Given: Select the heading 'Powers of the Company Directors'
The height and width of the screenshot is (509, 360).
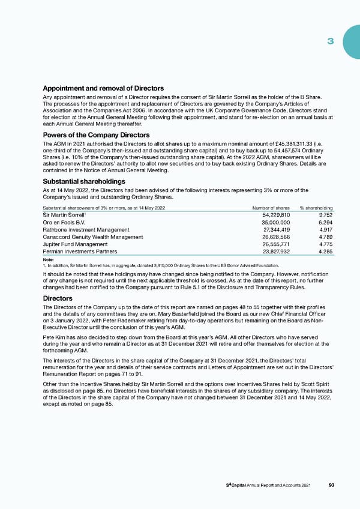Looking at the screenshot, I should tap(96, 135).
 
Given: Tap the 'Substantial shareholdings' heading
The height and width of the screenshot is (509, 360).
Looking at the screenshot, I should tap(84, 181).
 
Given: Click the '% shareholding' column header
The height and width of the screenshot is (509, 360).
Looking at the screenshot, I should tap(317, 208).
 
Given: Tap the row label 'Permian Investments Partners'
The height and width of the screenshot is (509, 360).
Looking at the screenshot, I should tap(83, 253).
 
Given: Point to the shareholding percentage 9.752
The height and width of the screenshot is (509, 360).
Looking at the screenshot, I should tap(325, 214).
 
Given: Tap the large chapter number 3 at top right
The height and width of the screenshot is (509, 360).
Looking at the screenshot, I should tap(330, 41).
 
